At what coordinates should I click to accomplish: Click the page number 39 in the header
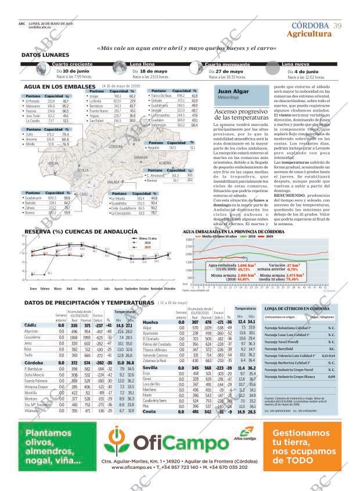tap(337, 25)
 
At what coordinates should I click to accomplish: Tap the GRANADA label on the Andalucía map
tap(141, 157)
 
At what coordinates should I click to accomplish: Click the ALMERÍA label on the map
tap(165, 164)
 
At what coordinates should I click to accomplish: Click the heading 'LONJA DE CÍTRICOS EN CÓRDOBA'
tap(297, 308)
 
